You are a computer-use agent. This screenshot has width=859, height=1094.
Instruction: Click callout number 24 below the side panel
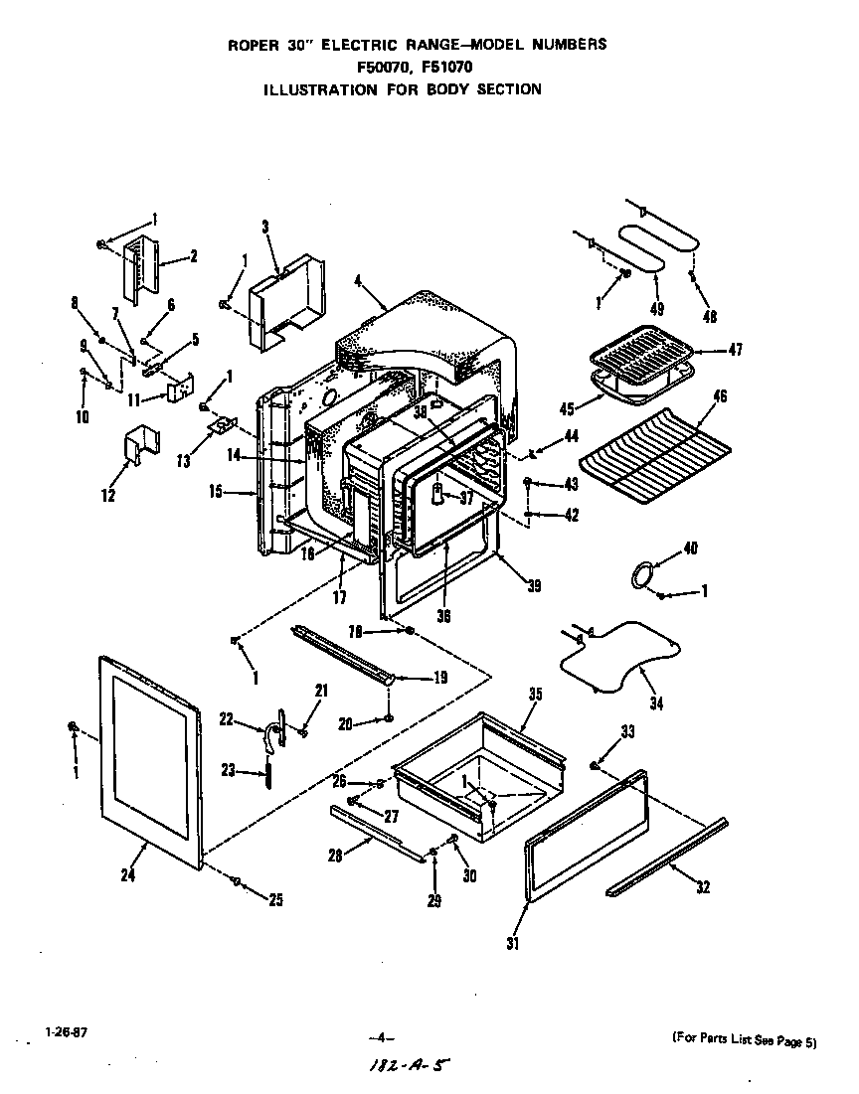click(x=127, y=874)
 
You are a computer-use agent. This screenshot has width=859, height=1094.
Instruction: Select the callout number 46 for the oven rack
click(x=721, y=395)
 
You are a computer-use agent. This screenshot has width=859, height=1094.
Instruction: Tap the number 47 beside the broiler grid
click(x=735, y=349)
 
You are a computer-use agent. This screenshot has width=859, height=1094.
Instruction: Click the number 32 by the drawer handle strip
click(x=703, y=887)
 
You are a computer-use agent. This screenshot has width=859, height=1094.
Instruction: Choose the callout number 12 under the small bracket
click(x=107, y=494)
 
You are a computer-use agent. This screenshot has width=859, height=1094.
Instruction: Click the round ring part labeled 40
click(x=645, y=573)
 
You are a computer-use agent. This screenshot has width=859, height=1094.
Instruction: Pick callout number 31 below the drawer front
click(x=512, y=943)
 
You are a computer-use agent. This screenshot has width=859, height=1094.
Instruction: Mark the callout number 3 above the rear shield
click(x=265, y=227)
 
